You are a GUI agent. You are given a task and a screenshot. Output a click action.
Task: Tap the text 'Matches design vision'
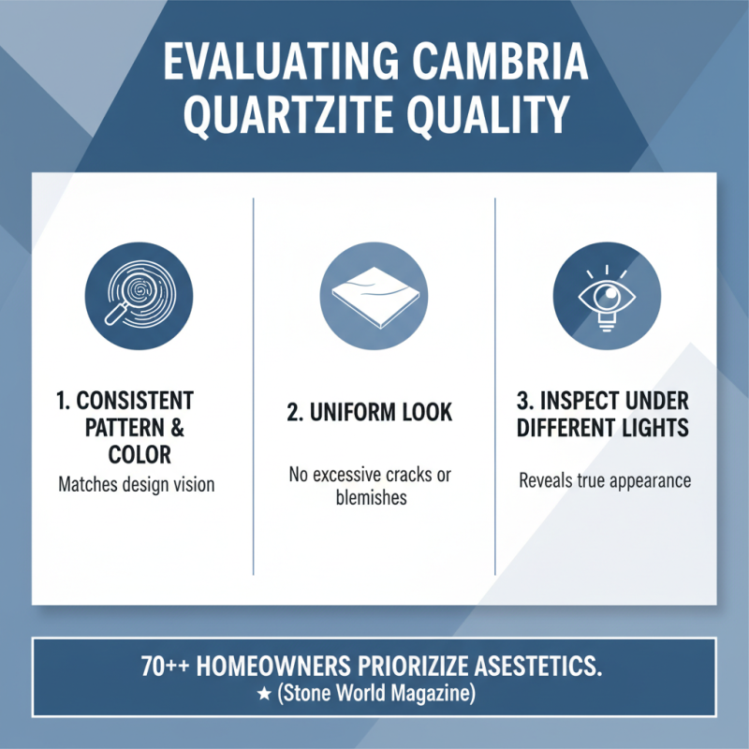pos(137,485)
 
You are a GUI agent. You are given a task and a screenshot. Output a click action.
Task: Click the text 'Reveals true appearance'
pos(605,481)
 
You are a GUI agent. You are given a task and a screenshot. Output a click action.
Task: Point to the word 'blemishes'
pos(372,498)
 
